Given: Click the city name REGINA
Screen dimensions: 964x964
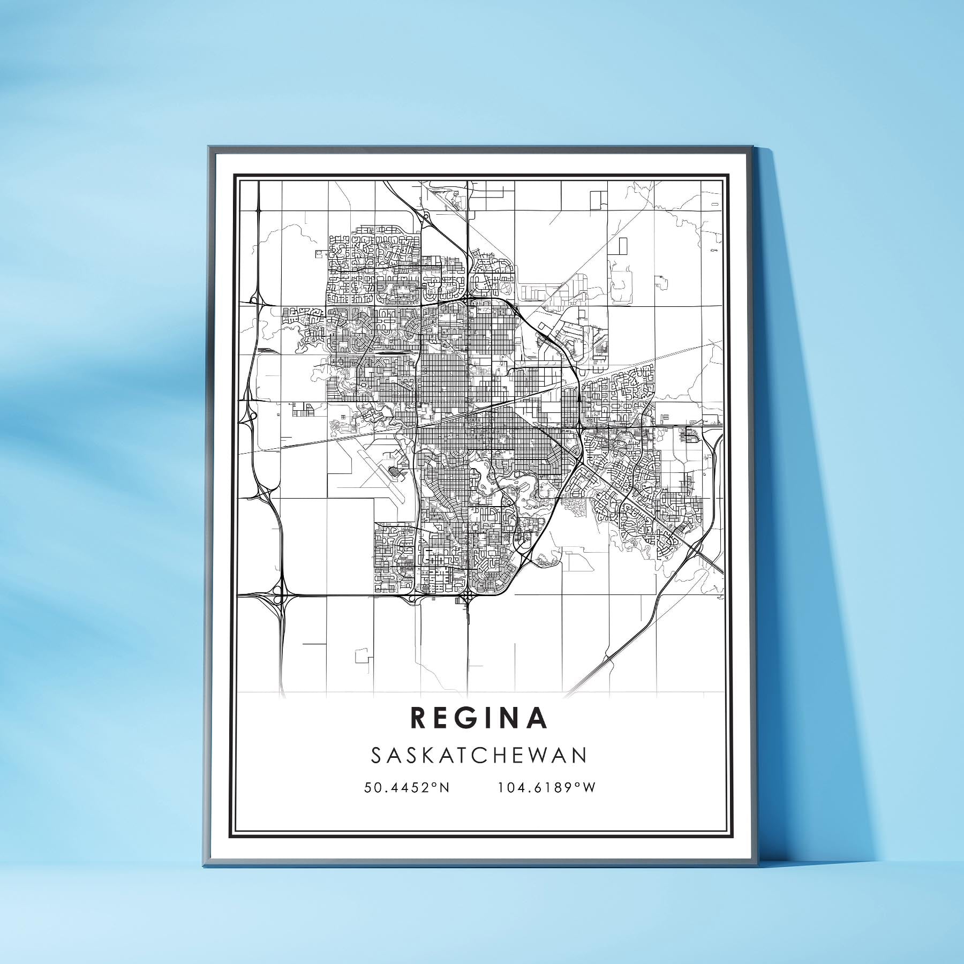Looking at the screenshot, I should point(480,719).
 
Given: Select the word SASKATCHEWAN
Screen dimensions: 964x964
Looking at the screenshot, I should point(479,755).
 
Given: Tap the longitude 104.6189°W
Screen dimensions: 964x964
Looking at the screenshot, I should point(547,788).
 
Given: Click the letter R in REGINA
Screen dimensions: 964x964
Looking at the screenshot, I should point(419,719).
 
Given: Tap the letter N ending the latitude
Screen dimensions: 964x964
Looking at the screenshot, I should point(445,788).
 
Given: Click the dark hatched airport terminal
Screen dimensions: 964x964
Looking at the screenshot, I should point(395,471).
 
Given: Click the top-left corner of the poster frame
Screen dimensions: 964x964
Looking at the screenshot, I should point(208,146).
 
